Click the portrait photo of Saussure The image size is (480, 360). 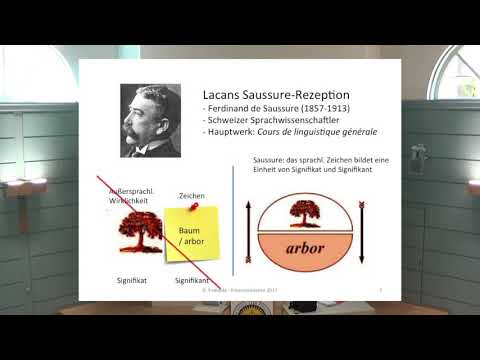[x=150, y=120]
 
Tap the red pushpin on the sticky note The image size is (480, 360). [x=195, y=209]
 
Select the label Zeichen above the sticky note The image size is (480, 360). [x=191, y=195]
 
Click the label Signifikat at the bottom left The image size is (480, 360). [x=131, y=281]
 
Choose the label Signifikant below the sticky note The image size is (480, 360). [x=191, y=281]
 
